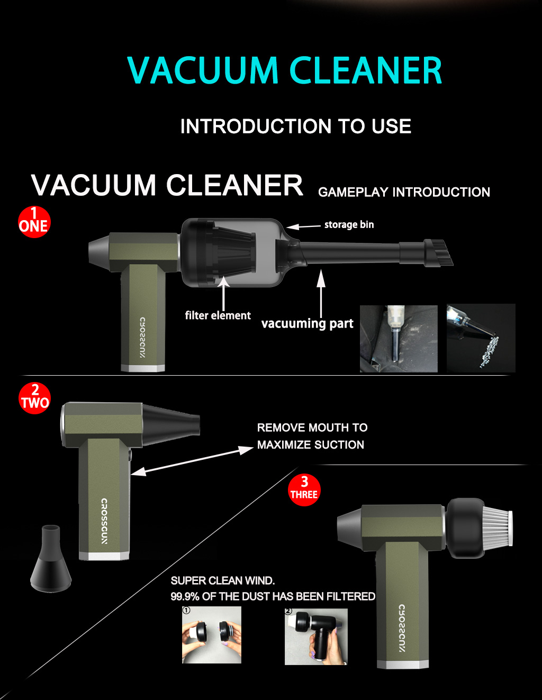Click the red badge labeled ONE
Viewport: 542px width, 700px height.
34,222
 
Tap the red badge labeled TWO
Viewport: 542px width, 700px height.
35,398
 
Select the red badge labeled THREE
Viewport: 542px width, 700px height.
304,490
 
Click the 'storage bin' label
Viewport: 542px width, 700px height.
349,225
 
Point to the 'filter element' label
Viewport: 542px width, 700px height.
218,315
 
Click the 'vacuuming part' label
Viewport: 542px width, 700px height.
307,323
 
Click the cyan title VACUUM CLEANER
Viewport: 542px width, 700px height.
284,70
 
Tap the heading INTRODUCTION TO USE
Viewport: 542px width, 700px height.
295,126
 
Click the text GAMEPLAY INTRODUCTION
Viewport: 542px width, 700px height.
404,192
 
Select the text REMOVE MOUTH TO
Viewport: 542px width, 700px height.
312,428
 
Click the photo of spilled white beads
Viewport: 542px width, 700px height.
481,338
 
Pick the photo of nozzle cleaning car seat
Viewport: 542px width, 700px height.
399,339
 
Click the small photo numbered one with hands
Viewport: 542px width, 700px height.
212,635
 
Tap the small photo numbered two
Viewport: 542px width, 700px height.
316,637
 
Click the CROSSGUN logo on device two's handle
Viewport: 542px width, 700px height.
104,521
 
